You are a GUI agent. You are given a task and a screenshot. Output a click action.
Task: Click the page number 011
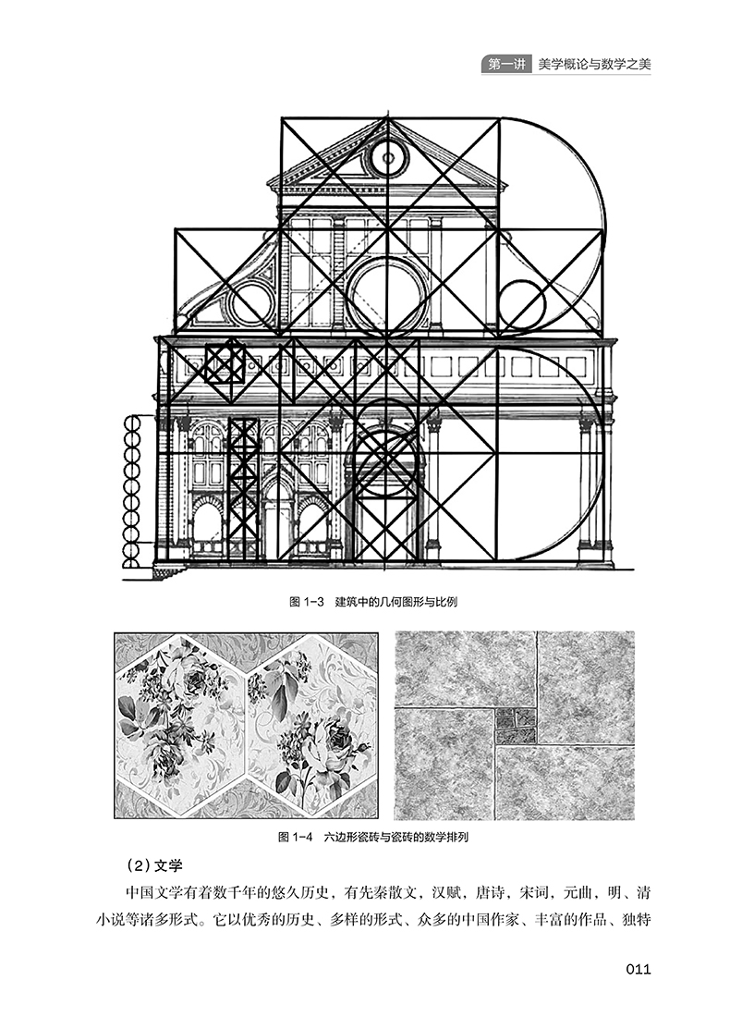point(638,969)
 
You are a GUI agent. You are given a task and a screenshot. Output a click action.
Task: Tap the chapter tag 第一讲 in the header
point(505,65)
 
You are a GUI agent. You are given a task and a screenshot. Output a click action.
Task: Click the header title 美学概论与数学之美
point(594,65)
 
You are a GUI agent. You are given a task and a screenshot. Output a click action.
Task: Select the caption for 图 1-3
point(372,601)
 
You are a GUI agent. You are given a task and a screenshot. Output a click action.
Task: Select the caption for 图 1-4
point(373,837)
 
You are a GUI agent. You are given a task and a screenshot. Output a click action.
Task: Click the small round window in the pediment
point(388,157)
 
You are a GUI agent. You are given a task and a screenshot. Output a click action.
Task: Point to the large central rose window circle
point(387,296)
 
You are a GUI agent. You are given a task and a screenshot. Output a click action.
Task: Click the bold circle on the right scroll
point(522,303)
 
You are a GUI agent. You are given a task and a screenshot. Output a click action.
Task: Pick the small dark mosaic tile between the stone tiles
point(516,726)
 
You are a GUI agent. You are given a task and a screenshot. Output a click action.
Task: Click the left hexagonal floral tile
point(181,725)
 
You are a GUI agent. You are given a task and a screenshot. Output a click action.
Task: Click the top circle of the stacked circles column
point(131,423)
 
